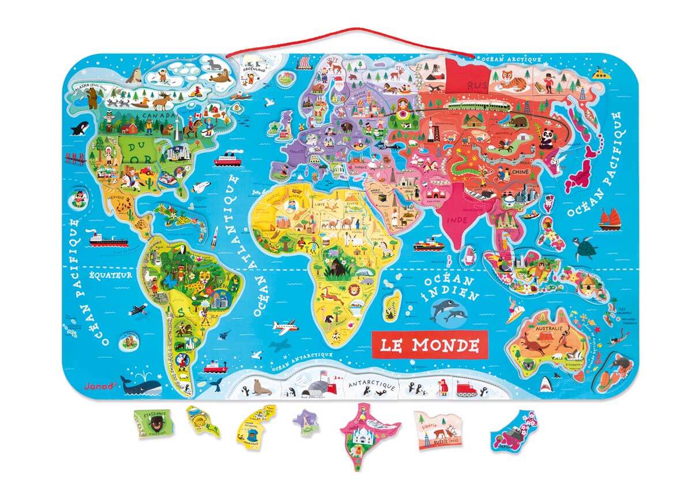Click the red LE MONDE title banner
tap(429, 345)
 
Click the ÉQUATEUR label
tap(110, 275)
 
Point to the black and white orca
tap(78, 130)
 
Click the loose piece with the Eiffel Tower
tap(306, 422)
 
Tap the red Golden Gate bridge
tap(76, 158)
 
